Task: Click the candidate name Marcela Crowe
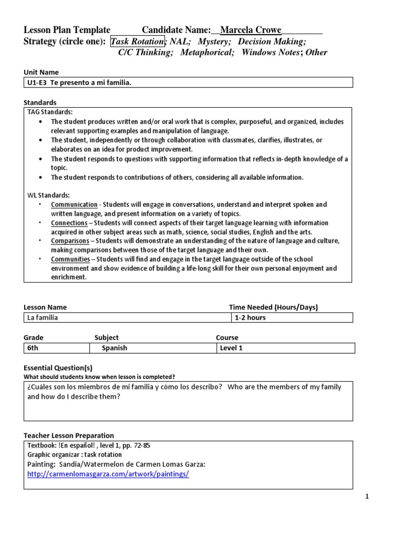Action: click(x=251, y=30)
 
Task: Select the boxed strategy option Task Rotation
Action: click(x=137, y=41)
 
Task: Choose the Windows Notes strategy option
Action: click(x=270, y=52)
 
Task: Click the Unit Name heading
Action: click(x=41, y=72)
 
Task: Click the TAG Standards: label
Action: click(x=50, y=112)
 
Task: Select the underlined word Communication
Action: click(x=74, y=205)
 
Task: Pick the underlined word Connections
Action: click(x=69, y=223)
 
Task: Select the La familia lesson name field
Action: click(x=127, y=318)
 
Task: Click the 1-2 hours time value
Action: click(x=250, y=318)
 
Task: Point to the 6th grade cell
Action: click(x=54, y=348)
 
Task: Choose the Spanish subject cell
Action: click(x=114, y=348)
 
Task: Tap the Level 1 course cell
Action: click(x=232, y=348)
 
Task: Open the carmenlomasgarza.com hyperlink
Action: click(x=108, y=474)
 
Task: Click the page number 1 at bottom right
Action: click(x=367, y=497)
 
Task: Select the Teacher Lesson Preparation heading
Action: click(x=69, y=435)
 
